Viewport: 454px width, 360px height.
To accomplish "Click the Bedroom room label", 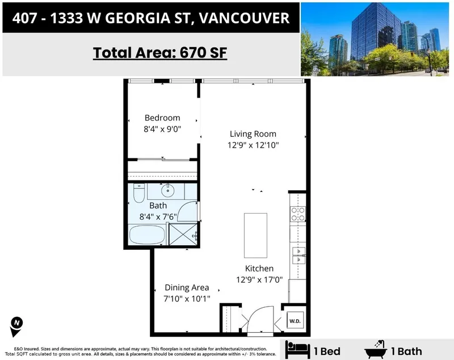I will click(162, 118).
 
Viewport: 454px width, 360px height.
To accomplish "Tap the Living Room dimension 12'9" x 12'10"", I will click(253, 145).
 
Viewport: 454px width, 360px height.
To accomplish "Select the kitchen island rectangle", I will click(255, 235).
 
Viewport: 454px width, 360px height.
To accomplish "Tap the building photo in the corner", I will click(377, 39).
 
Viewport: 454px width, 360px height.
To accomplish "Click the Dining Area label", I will click(187, 287).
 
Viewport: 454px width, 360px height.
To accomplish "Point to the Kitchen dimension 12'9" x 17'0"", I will click(259, 279).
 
